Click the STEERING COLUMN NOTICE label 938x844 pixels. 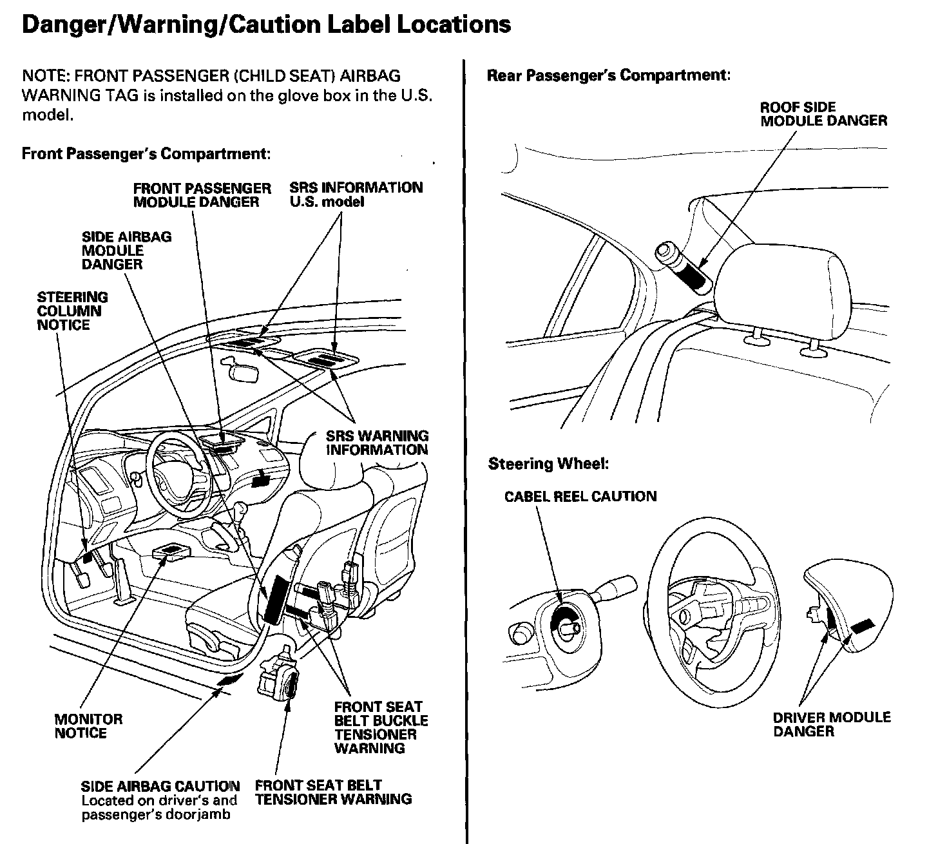[72, 311]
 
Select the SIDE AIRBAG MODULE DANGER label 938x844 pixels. [126, 250]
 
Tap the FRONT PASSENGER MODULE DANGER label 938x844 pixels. [202, 195]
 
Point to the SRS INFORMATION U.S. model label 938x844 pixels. [356, 195]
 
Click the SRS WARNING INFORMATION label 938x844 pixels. [377, 443]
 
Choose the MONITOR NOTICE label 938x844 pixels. [88, 726]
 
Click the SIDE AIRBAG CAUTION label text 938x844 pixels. [160, 787]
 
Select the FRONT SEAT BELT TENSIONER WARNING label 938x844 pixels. [333, 792]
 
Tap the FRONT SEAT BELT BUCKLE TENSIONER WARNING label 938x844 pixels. [381, 727]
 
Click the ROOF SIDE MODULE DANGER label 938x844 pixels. [823, 114]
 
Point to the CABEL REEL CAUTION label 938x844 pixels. [580, 497]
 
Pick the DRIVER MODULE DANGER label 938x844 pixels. [832, 724]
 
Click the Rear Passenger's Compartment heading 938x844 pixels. [609, 75]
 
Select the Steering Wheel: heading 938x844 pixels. [548, 464]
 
